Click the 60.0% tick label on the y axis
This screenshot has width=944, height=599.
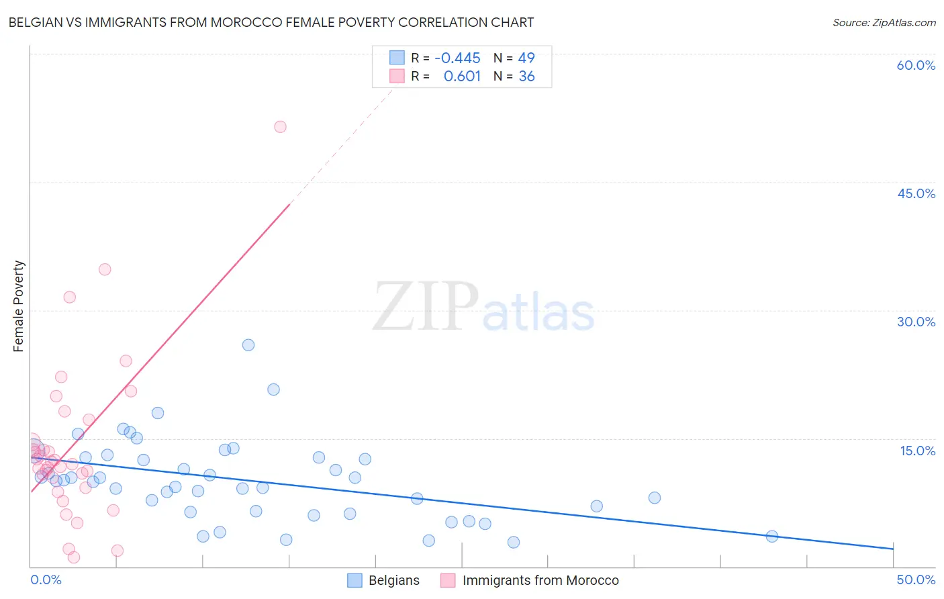pyautogui.click(x=916, y=65)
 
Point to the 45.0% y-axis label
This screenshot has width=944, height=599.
pyautogui.click(x=916, y=193)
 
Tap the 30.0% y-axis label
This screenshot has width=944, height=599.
pyautogui.click(x=916, y=322)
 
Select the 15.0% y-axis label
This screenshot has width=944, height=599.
pyautogui.click(x=917, y=451)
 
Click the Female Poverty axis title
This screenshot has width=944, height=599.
pyautogui.click(x=19, y=306)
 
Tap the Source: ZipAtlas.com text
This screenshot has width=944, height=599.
pyautogui.click(x=884, y=22)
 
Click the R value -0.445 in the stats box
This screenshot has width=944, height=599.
pyautogui.click(x=457, y=58)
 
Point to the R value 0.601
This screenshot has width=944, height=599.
pyautogui.click(x=462, y=77)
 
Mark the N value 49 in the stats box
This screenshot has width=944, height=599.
pyautogui.click(x=526, y=58)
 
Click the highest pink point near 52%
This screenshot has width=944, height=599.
pyautogui.click(x=280, y=127)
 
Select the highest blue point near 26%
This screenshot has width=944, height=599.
pyautogui.click(x=248, y=345)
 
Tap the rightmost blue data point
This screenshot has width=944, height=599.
pyautogui.click(x=772, y=536)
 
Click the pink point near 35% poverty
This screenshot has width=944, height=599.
pyautogui.click(x=105, y=269)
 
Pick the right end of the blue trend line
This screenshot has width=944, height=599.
pyautogui.click(x=893, y=549)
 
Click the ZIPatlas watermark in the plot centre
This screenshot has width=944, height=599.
pyautogui.click(x=483, y=308)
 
